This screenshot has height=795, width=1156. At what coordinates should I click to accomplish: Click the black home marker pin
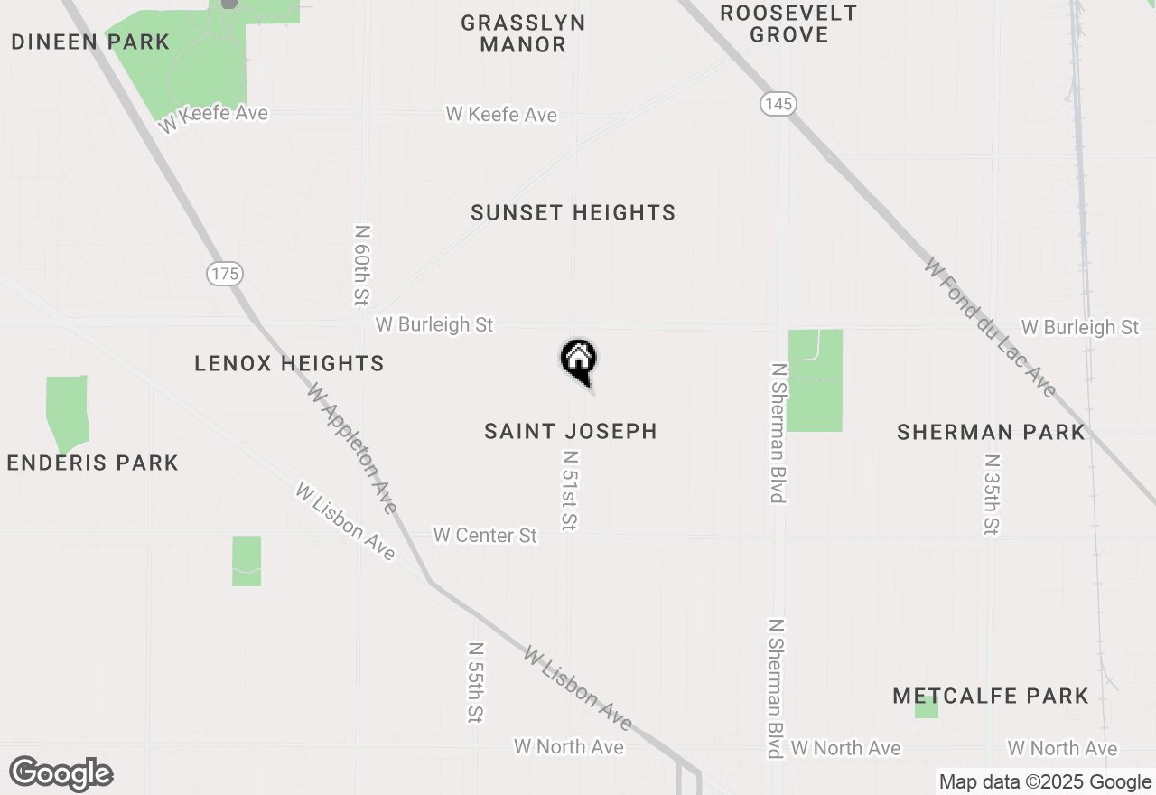(578, 360)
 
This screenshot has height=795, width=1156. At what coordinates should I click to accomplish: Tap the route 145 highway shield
(778, 104)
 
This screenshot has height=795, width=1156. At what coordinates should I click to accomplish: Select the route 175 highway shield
(225, 273)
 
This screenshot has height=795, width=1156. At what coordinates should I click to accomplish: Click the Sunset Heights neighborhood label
(573, 213)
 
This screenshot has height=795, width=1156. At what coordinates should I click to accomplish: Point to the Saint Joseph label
(571, 431)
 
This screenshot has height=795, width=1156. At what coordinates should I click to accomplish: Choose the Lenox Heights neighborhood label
(289, 363)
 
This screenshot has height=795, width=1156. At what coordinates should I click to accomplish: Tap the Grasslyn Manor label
(523, 33)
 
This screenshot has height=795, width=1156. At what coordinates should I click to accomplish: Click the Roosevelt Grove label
(788, 24)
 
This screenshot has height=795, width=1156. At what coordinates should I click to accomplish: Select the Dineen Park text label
(90, 42)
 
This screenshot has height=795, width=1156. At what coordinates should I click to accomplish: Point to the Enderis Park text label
(93, 463)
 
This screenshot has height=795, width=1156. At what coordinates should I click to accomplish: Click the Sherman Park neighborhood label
(991, 432)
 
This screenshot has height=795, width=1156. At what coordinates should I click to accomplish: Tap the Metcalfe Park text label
(991, 696)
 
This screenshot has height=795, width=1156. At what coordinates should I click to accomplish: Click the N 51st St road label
(569, 491)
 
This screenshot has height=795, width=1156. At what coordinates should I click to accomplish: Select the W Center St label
(485, 536)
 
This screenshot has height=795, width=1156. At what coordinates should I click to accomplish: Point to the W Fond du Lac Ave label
(990, 327)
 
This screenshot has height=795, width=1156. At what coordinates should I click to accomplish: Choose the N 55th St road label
(476, 682)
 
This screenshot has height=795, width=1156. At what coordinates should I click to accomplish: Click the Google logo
(61, 774)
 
